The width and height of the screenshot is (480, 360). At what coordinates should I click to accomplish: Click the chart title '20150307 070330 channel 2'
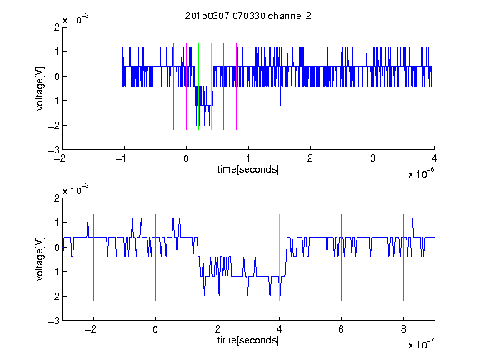(248, 16)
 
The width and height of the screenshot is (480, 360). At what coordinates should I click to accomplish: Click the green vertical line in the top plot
(198, 87)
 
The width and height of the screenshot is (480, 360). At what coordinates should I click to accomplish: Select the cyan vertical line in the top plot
(211, 87)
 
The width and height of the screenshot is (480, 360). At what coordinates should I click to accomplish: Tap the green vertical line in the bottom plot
(217, 257)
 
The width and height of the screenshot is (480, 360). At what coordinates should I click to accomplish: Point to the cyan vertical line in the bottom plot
(279, 257)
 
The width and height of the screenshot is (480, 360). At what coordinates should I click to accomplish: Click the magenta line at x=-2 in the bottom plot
(93, 257)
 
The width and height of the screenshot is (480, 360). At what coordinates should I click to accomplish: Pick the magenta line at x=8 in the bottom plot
(404, 257)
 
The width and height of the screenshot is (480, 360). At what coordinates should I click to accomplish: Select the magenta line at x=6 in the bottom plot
(342, 257)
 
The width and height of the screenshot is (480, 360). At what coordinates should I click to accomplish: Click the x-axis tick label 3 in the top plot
(372, 158)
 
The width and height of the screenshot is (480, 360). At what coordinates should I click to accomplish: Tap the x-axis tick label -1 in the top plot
(122, 158)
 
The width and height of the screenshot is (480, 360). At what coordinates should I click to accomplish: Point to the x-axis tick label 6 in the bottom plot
(342, 329)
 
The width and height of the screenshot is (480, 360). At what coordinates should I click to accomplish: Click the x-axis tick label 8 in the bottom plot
(403, 329)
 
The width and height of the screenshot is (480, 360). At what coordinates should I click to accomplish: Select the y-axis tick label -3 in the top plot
(54, 150)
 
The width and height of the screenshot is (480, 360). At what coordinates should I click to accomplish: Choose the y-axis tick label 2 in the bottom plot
(57, 197)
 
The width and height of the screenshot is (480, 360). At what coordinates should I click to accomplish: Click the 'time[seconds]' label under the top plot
(248, 169)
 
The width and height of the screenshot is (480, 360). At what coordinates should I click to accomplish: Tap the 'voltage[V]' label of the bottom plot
(40, 258)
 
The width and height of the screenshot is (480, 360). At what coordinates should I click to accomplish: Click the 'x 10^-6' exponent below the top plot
(421, 173)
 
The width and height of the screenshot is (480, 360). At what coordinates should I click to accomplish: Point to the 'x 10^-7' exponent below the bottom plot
(421, 344)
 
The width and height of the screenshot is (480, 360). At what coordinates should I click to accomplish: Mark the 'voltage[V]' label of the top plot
(40, 88)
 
